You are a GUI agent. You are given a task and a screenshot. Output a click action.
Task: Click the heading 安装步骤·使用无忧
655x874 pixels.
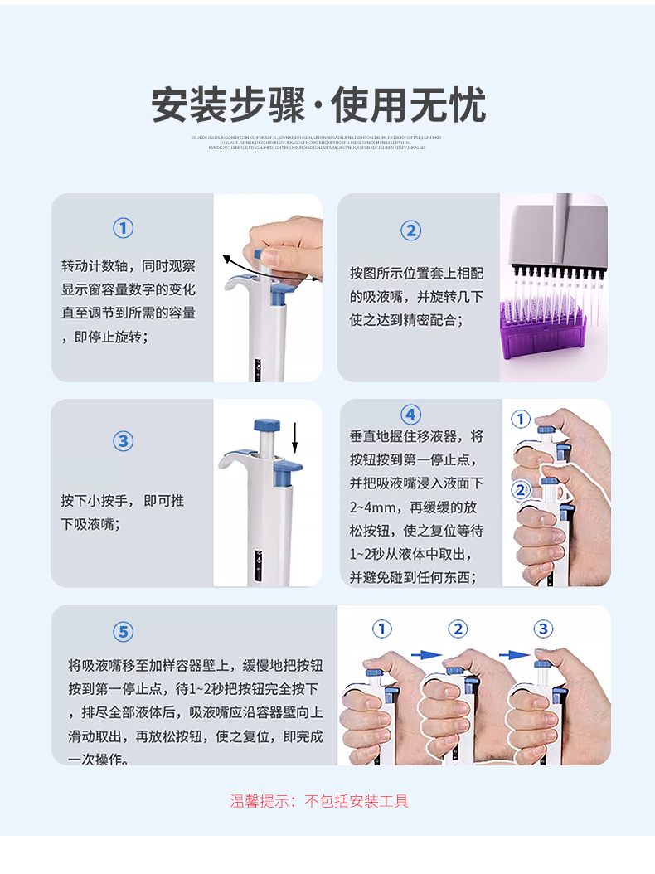click(318, 104)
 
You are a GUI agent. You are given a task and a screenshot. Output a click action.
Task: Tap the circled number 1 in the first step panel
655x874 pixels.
click(123, 229)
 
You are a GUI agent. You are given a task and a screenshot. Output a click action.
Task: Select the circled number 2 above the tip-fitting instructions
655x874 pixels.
click(410, 231)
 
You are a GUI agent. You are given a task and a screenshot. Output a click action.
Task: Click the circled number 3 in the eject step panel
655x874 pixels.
click(123, 441)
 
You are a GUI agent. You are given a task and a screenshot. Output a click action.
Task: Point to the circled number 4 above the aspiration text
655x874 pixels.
click(410, 415)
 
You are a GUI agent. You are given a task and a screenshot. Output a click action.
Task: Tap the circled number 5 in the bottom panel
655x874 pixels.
click(123, 633)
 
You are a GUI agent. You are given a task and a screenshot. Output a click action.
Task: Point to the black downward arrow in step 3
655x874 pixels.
click(295, 438)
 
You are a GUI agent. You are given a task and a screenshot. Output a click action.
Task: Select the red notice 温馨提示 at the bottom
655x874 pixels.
click(319, 801)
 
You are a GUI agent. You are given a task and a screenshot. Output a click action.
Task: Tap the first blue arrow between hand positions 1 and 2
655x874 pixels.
click(426, 654)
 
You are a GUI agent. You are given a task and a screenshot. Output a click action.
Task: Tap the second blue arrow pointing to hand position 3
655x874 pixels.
click(514, 654)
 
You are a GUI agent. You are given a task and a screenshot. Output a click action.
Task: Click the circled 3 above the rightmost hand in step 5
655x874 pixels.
click(543, 629)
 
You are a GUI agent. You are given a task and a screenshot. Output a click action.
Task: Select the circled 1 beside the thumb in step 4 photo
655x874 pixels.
click(520, 420)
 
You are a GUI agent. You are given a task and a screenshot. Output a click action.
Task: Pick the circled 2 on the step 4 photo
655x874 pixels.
click(520, 490)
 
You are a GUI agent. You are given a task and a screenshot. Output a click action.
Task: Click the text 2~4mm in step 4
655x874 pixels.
click(366, 506)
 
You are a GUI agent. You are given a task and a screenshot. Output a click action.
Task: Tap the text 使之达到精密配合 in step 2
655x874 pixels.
click(405, 319)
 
